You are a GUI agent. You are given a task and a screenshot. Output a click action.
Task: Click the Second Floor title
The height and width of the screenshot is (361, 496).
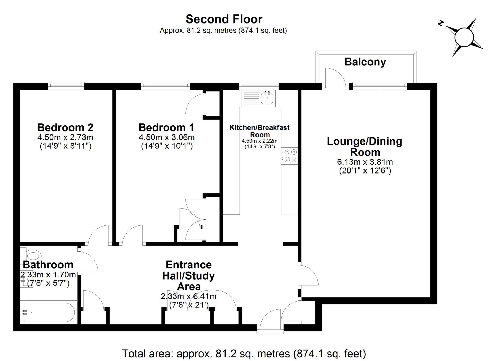pyautogui.click(x=224, y=19)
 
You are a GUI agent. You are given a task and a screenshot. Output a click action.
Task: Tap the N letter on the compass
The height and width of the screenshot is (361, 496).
pyautogui.click(x=440, y=23)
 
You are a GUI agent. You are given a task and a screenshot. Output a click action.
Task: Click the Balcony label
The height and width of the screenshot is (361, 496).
pyautogui.click(x=365, y=62)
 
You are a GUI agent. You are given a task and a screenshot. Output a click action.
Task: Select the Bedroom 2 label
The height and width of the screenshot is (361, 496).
pyautogui.click(x=65, y=127)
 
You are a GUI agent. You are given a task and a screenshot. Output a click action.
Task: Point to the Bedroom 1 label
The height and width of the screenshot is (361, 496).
pyautogui.click(x=166, y=127)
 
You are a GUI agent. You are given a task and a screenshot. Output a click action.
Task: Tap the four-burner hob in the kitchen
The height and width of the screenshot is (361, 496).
pyautogui.click(x=290, y=156)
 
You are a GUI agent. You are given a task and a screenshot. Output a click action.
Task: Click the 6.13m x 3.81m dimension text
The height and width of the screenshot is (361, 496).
pyautogui.click(x=365, y=162)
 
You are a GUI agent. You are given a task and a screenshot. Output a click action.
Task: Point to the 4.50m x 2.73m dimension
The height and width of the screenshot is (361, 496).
pyautogui.click(x=65, y=137)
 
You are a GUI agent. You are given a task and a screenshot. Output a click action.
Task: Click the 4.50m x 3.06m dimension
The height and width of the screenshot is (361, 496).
pyautogui.click(x=167, y=137)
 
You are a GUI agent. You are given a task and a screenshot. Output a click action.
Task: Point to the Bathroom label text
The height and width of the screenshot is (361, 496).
pyautogui.click(x=48, y=265)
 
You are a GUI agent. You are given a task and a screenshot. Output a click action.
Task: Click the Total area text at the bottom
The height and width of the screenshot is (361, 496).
pyautogui.click(x=244, y=353)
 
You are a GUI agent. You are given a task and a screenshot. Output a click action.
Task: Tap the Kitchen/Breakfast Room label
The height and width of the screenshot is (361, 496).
pyautogui.click(x=259, y=131)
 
